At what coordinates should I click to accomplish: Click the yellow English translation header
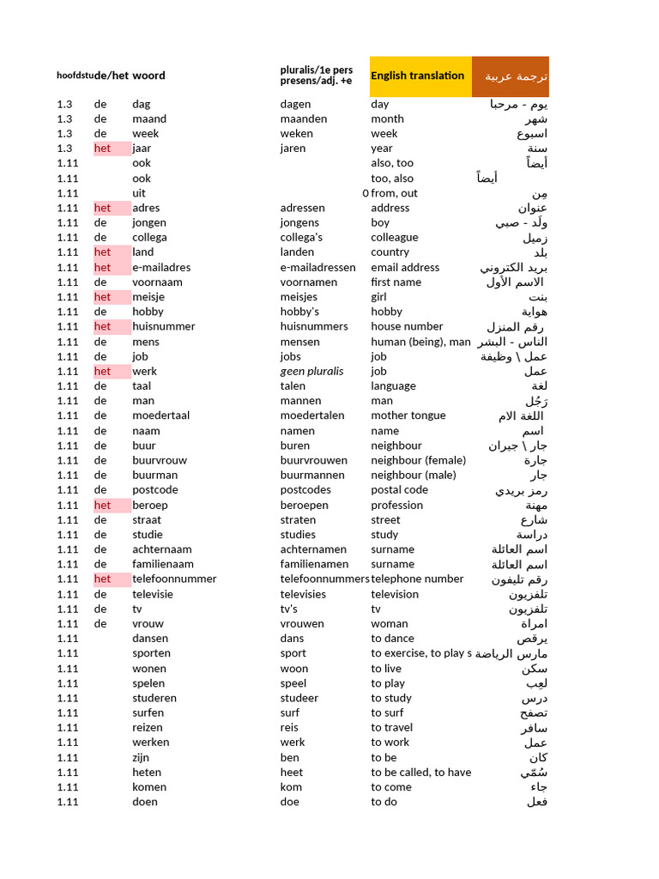(x=418, y=76)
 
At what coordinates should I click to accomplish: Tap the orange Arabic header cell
(x=516, y=76)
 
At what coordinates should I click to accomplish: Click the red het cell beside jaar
(x=103, y=148)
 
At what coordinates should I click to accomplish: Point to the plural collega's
(x=302, y=237)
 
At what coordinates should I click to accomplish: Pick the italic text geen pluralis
(x=311, y=371)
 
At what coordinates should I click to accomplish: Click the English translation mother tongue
(x=408, y=415)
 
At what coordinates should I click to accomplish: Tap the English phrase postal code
(x=399, y=489)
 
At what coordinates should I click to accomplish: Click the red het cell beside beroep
(x=103, y=505)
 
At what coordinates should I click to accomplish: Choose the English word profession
(x=396, y=505)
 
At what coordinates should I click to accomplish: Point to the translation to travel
(x=391, y=727)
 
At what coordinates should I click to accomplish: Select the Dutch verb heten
(x=147, y=772)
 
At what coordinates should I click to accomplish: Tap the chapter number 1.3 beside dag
(x=65, y=104)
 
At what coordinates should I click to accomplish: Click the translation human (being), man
(x=420, y=342)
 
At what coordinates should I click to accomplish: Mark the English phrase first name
(x=396, y=282)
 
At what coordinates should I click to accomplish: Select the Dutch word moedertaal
(x=160, y=415)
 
